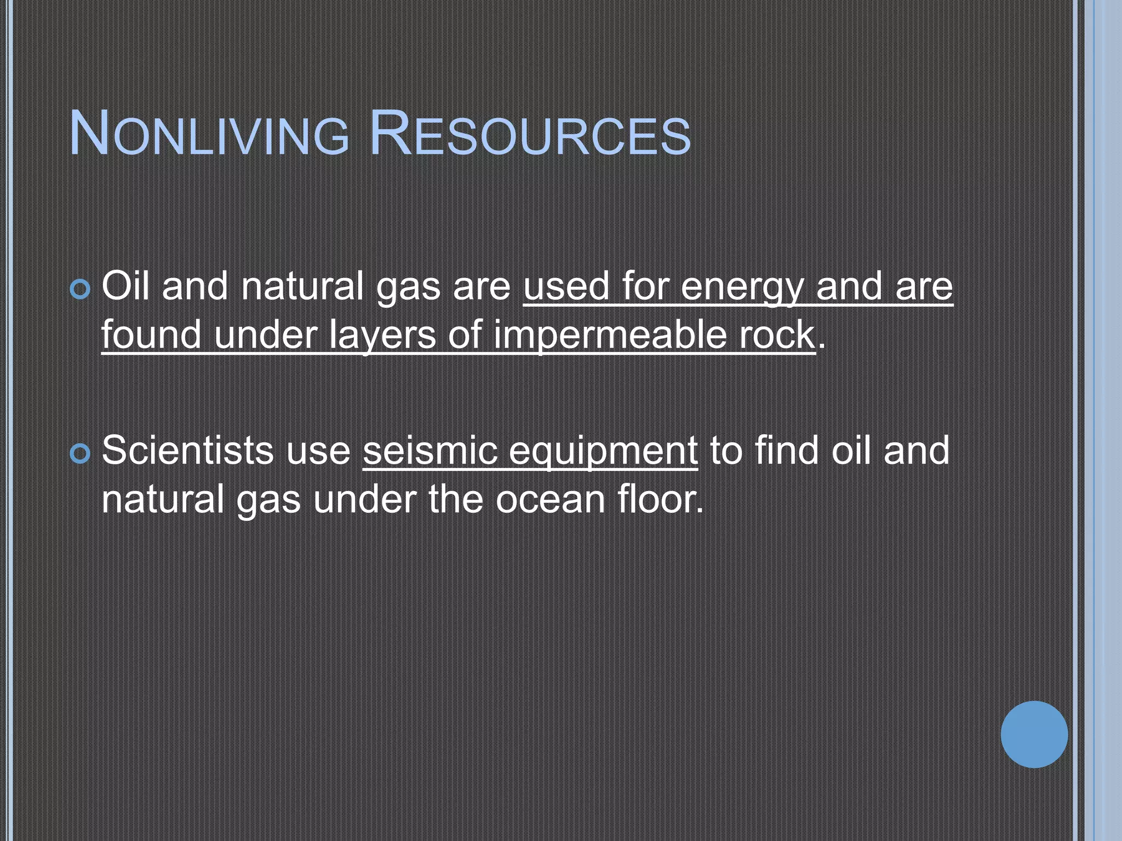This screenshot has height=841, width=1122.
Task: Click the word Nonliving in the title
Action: click(209, 135)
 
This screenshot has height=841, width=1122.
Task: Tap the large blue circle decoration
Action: click(1034, 734)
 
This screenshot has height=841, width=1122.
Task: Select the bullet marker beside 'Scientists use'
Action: click(81, 453)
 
